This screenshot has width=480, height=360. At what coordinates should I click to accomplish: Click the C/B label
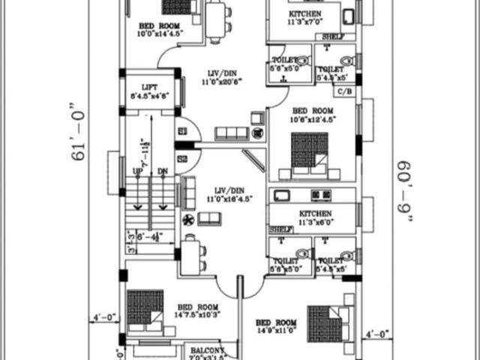344,91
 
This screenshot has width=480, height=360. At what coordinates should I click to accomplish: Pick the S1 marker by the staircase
182,131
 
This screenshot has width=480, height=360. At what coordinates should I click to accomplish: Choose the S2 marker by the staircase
182,159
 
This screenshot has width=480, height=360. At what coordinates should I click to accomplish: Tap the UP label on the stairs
138,172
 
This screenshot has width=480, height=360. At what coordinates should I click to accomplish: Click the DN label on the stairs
163,172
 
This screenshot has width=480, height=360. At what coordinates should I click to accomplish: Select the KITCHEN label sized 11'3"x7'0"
305,15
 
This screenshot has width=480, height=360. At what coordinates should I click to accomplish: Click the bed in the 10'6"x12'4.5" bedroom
309,154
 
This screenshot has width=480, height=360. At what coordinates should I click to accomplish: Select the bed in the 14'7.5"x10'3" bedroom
145,309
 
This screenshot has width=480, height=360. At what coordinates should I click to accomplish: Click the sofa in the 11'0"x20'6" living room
231,133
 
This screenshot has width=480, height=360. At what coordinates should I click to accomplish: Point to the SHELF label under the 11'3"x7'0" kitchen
333,37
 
